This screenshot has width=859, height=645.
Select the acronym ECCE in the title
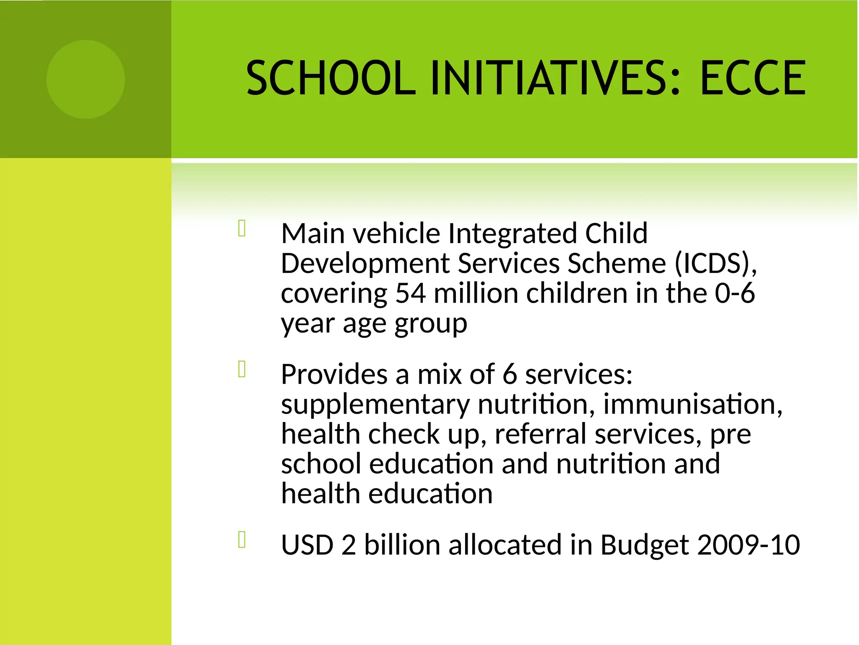pyautogui.click(x=752, y=78)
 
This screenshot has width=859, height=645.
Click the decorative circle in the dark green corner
pyautogui.click(x=86, y=79)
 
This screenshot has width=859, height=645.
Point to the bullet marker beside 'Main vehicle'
pyautogui.click(x=242, y=229)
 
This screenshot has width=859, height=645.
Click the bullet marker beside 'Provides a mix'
pyautogui.click(x=242, y=370)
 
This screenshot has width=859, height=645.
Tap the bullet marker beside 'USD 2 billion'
pyautogui.click(x=242, y=540)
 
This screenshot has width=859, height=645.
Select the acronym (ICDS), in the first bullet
pyautogui.click(x=716, y=264)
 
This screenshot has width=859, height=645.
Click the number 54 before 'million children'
pyautogui.click(x=411, y=294)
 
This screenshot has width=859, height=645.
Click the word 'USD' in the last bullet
pyautogui.click(x=307, y=545)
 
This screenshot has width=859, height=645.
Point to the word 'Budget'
pyautogui.click(x=644, y=545)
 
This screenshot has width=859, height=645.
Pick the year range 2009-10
pyautogui.click(x=748, y=545)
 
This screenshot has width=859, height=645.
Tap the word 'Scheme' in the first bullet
pyautogui.click(x=617, y=264)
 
